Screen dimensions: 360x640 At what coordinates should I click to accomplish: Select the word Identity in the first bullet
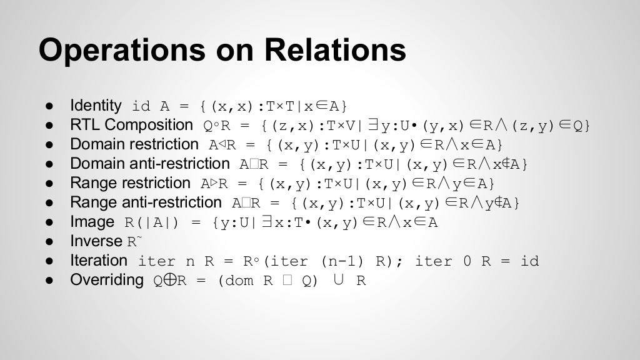(x=96, y=105)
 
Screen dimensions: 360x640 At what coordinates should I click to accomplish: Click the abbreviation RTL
(x=84, y=124)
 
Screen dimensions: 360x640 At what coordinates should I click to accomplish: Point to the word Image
(x=92, y=222)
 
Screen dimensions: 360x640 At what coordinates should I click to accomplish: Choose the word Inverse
(x=96, y=241)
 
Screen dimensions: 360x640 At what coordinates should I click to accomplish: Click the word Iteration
(x=99, y=261)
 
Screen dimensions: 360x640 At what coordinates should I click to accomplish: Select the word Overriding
(x=107, y=280)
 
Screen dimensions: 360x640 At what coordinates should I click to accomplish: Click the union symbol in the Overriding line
(x=338, y=280)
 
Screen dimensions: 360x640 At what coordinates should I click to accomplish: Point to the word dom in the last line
(x=239, y=281)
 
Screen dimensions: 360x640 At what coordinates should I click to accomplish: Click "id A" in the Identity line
(x=151, y=106)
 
